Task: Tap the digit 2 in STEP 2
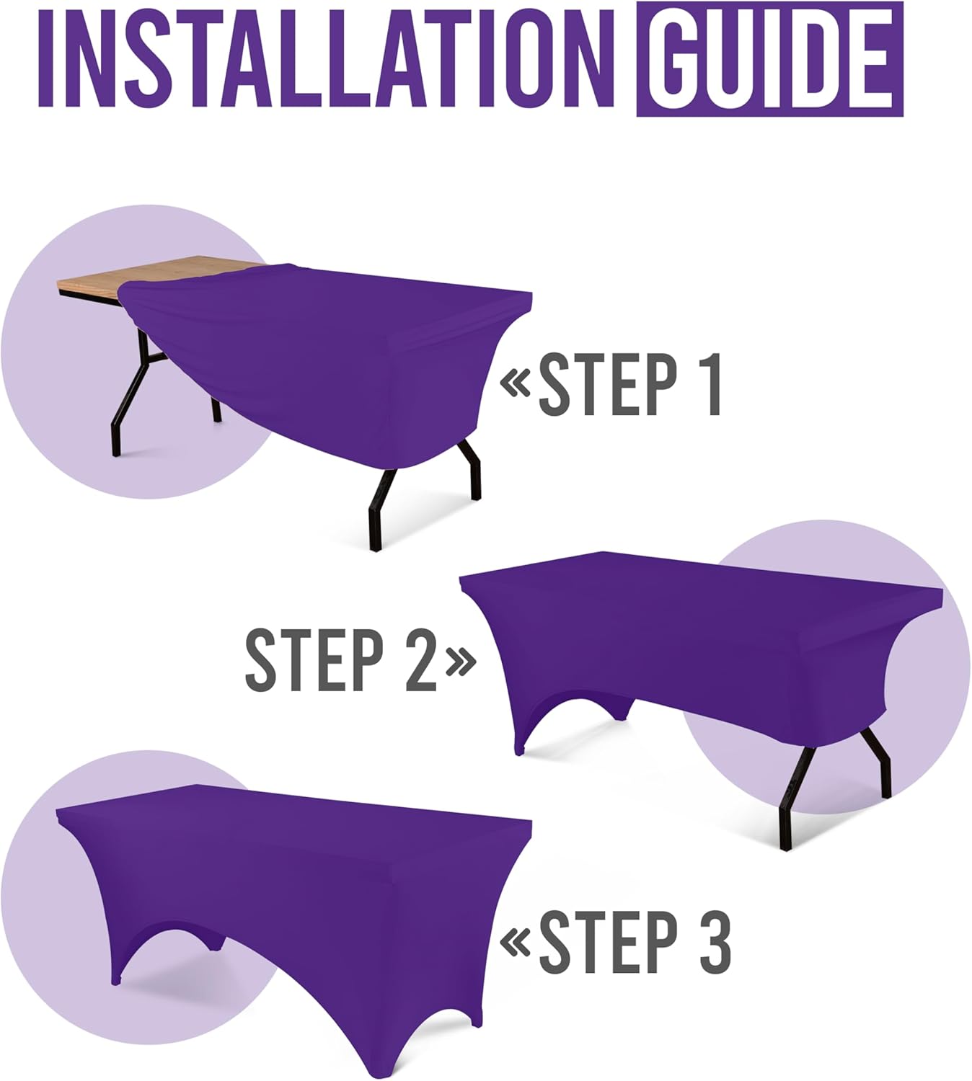(x=420, y=659)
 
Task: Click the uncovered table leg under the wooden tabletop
(x=130, y=404)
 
